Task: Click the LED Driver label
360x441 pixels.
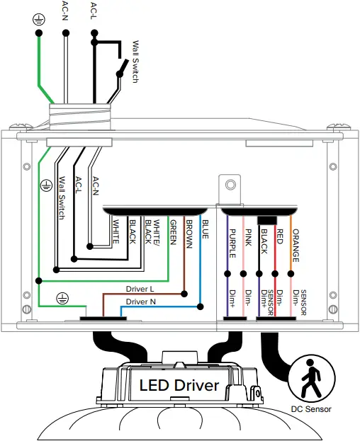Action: (x=179, y=385)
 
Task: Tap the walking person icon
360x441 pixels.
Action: (x=310, y=378)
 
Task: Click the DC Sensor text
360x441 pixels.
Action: (x=311, y=409)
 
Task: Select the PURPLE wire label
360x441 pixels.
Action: (x=232, y=244)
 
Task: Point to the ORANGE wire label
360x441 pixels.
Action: (x=296, y=246)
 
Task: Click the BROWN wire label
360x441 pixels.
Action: (x=189, y=234)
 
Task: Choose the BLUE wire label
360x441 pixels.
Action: (x=205, y=229)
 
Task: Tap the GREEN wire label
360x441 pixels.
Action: (x=173, y=233)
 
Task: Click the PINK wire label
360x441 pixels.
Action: (x=248, y=238)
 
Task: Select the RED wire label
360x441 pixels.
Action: (x=279, y=236)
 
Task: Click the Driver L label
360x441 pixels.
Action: (x=140, y=289)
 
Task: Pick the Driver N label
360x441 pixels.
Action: (x=141, y=302)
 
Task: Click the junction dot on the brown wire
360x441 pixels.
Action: (x=184, y=294)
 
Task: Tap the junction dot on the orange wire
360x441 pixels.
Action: (x=291, y=274)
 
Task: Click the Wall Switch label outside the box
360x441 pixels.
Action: (x=135, y=62)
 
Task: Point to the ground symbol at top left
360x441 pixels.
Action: (x=38, y=20)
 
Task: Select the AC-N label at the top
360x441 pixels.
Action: (x=65, y=11)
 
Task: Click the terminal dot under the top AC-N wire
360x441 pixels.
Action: (x=66, y=33)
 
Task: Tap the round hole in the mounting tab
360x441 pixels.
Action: (x=230, y=185)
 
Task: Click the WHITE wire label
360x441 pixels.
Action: (x=116, y=231)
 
